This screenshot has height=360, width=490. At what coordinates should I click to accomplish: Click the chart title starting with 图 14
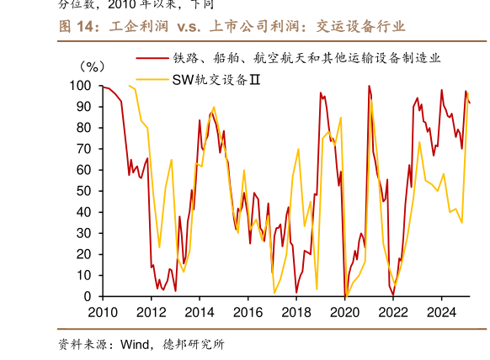(x=232, y=27)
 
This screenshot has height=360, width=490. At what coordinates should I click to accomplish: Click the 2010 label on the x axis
(x=103, y=311)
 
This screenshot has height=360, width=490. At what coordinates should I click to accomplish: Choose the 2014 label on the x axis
(x=199, y=311)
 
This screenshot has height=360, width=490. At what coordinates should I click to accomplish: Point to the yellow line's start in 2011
(x=128, y=86)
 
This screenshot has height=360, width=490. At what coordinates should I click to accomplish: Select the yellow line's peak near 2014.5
(x=213, y=107)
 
